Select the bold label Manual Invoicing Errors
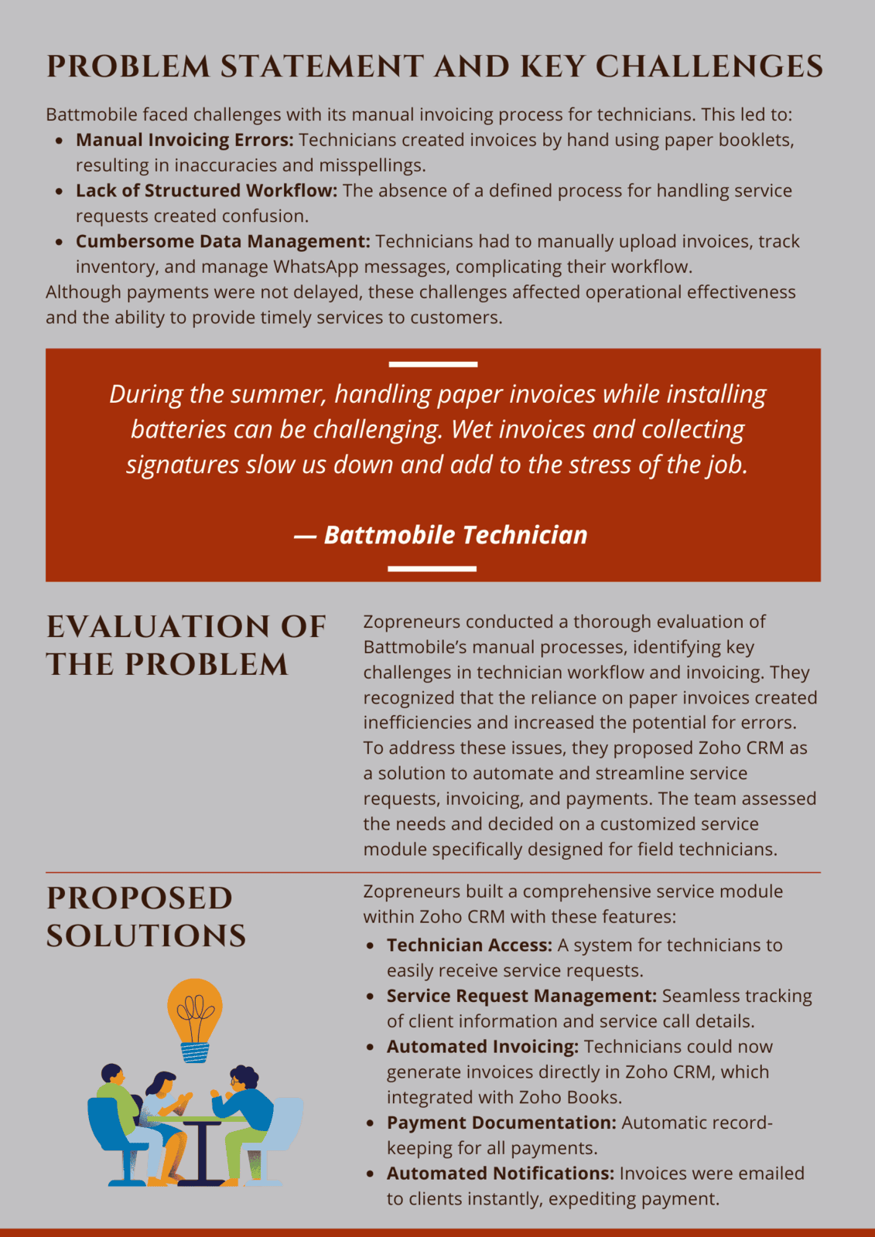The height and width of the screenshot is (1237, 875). [184, 140]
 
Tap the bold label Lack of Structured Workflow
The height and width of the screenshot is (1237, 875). [206, 191]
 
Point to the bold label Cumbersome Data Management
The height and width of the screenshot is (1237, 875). [223, 241]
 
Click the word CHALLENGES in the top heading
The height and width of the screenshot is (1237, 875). [709, 66]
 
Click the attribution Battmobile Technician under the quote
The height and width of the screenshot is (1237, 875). [455, 535]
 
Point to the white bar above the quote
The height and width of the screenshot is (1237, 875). [432, 364]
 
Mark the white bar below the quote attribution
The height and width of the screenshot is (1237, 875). [432, 568]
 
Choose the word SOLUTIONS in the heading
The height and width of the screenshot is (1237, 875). [145, 936]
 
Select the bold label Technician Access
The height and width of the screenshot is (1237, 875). [469, 946]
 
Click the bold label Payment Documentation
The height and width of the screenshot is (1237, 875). [501, 1123]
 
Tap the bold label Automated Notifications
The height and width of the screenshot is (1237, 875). [500, 1174]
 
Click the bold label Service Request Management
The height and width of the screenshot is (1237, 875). [521, 996]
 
